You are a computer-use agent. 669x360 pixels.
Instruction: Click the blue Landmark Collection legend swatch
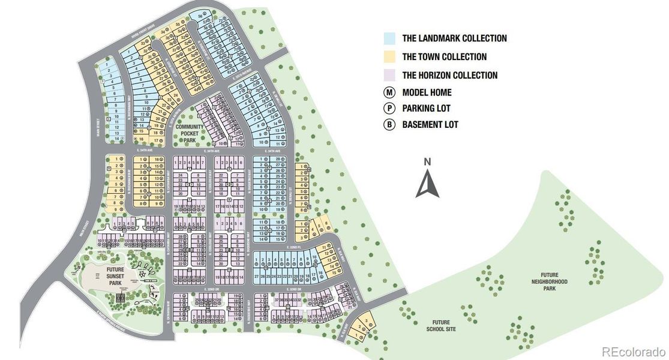pyautogui.click(x=390, y=38)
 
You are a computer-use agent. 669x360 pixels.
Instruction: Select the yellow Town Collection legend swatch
pyautogui.click(x=390, y=57)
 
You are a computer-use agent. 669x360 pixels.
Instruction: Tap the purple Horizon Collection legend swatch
pyautogui.click(x=390, y=75)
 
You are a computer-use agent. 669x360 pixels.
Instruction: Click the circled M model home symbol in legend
pyautogui.click(x=390, y=92)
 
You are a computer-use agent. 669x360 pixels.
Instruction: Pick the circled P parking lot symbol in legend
pyautogui.click(x=390, y=109)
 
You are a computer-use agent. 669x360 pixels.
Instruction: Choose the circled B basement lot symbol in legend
pyautogui.click(x=390, y=125)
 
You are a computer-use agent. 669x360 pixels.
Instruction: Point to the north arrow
pyautogui.click(x=427, y=184)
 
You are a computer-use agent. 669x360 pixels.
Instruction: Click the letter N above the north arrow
pyautogui.click(x=427, y=161)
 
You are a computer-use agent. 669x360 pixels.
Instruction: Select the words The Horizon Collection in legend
pyautogui.click(x=449, y=75)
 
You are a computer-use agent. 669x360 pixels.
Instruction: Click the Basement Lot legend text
pyautogui.click(x=430, y=125)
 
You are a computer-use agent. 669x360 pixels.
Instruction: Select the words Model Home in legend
pyautogui.click(x=427, y=92)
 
